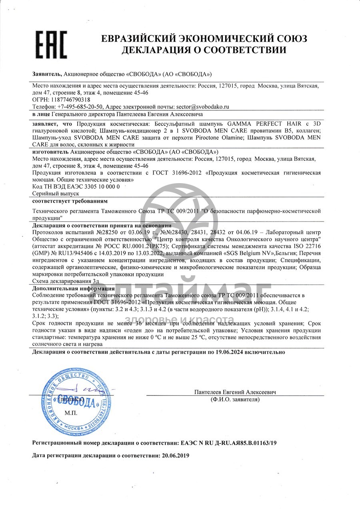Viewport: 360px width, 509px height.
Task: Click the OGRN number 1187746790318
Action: point(70,100)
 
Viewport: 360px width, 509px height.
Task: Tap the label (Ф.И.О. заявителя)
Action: point(235,399)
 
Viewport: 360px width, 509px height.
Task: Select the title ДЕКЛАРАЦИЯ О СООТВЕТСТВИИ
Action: point(204,50)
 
